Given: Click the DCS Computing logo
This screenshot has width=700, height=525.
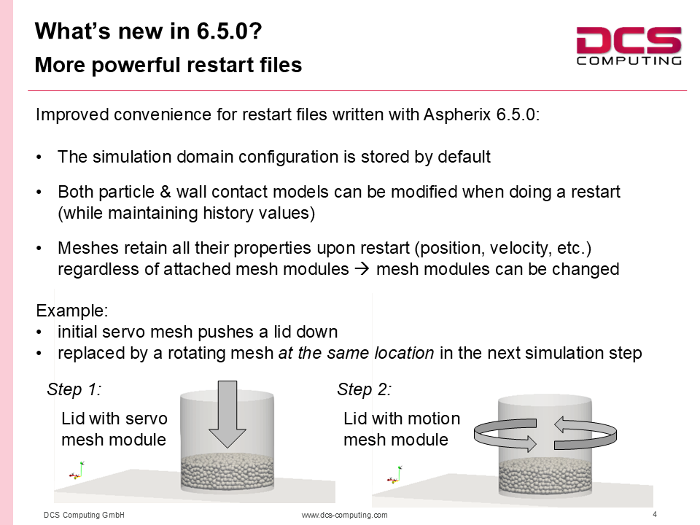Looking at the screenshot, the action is coord(629,46).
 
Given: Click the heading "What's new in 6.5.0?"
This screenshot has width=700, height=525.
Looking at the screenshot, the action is coord(148,31).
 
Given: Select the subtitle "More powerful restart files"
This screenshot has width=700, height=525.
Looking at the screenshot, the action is coord(168,65).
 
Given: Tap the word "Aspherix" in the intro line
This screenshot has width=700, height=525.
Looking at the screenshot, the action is coord(457,114).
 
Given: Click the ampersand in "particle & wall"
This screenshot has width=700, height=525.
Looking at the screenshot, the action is coord(166,192).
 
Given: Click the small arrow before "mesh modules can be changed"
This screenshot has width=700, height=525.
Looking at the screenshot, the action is coord(362,269).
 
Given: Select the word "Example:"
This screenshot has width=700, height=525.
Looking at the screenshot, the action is coord(72,311).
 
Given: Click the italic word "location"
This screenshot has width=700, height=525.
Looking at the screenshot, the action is coord(404,353).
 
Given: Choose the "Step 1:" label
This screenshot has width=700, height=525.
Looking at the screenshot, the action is coord(74,389).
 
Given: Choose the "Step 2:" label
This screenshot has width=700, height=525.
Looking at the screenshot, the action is coord(365,389).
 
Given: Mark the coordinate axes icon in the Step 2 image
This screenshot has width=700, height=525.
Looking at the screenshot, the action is coord(394,475).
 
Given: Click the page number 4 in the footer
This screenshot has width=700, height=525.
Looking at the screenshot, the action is coord(655,514).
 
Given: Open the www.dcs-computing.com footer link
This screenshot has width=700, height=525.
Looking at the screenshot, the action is coord(345,515).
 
